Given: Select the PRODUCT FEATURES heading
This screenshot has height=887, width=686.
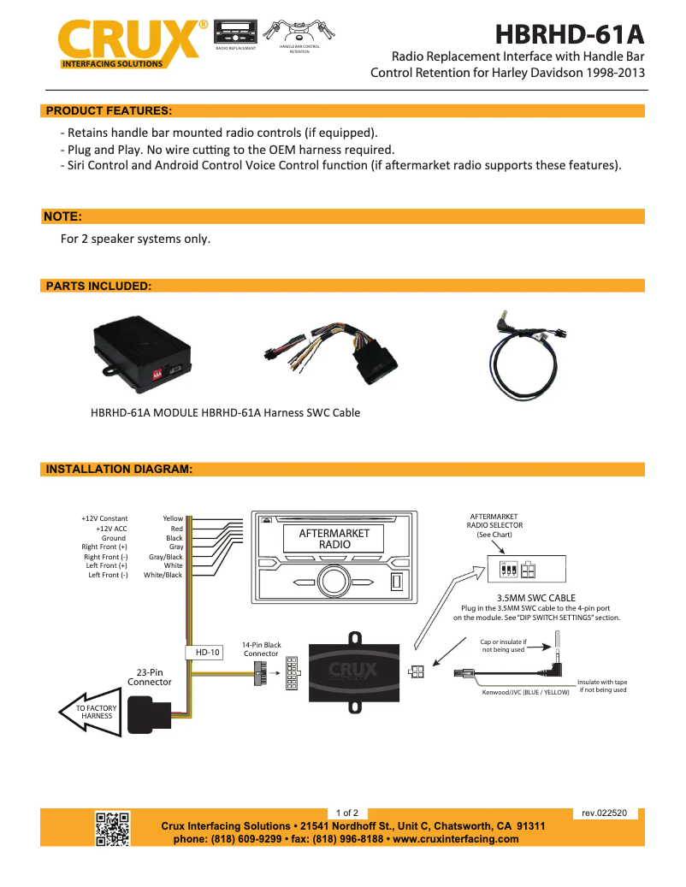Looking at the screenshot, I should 109,110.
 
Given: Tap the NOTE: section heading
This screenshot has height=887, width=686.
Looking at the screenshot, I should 62,216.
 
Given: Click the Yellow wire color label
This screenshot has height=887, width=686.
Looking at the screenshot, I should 173,518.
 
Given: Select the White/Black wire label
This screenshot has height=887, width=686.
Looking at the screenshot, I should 163,575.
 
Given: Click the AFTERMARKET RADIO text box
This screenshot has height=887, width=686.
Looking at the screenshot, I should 334,538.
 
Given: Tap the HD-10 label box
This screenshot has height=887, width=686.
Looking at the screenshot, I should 208,652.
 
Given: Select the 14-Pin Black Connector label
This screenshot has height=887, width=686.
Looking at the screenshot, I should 261,649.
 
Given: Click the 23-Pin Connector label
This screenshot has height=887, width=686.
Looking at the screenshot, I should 150,677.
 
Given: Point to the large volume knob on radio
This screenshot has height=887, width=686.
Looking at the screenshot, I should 334,582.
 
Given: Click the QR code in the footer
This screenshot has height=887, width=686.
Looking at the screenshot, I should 112,828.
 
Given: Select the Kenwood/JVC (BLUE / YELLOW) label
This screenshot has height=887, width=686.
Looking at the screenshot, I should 526,692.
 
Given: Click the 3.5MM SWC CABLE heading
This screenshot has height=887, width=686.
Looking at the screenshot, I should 535,598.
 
